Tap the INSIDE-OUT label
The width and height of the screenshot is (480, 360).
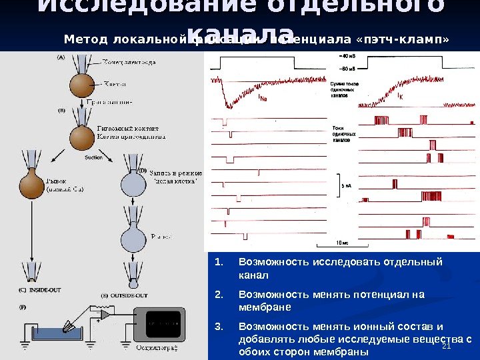[44, 289]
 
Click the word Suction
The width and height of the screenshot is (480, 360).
[94, 158]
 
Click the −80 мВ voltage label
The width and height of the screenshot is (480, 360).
[347, 68]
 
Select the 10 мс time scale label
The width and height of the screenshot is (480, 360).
[341, 243]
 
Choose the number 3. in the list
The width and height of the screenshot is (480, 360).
[218, 327]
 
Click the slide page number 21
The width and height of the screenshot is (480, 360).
[447, 345]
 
